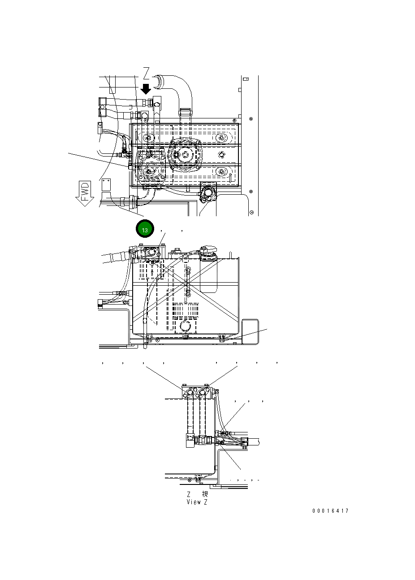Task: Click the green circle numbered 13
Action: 145,230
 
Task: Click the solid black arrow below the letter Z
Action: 146,89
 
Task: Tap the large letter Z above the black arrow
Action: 147,73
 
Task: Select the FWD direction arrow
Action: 84,193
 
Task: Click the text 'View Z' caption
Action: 197,502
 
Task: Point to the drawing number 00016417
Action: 330,511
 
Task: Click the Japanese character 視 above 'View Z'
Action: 205,493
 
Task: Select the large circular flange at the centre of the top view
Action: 185,154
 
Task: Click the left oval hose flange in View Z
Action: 190,393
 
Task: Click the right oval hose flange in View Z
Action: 203,393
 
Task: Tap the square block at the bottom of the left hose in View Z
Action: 190,440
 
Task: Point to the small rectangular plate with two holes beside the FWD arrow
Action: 106,185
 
